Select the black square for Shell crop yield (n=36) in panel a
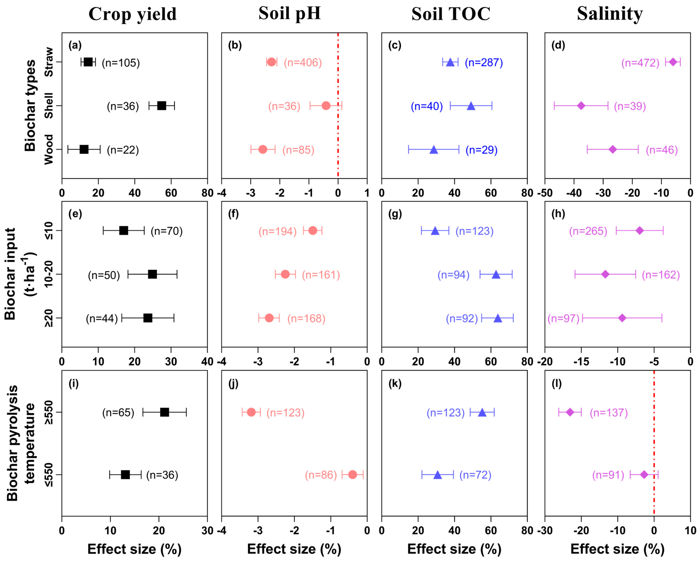pyautogui.click(x=162, y=106)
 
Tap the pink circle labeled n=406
pyautogui.click(x=271, y=62)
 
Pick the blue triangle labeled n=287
pyautogui.click(x=450, y=62)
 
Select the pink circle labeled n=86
pyautogui.click(x=352, y=474)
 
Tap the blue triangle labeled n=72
pyautogui.click(x=438, y=475)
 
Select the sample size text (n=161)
pyautogui.click(x=321, y=275)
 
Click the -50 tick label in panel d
pyautogui.click(x=545, y=193)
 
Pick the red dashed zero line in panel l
pyautogui.click(x=654, y=441)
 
